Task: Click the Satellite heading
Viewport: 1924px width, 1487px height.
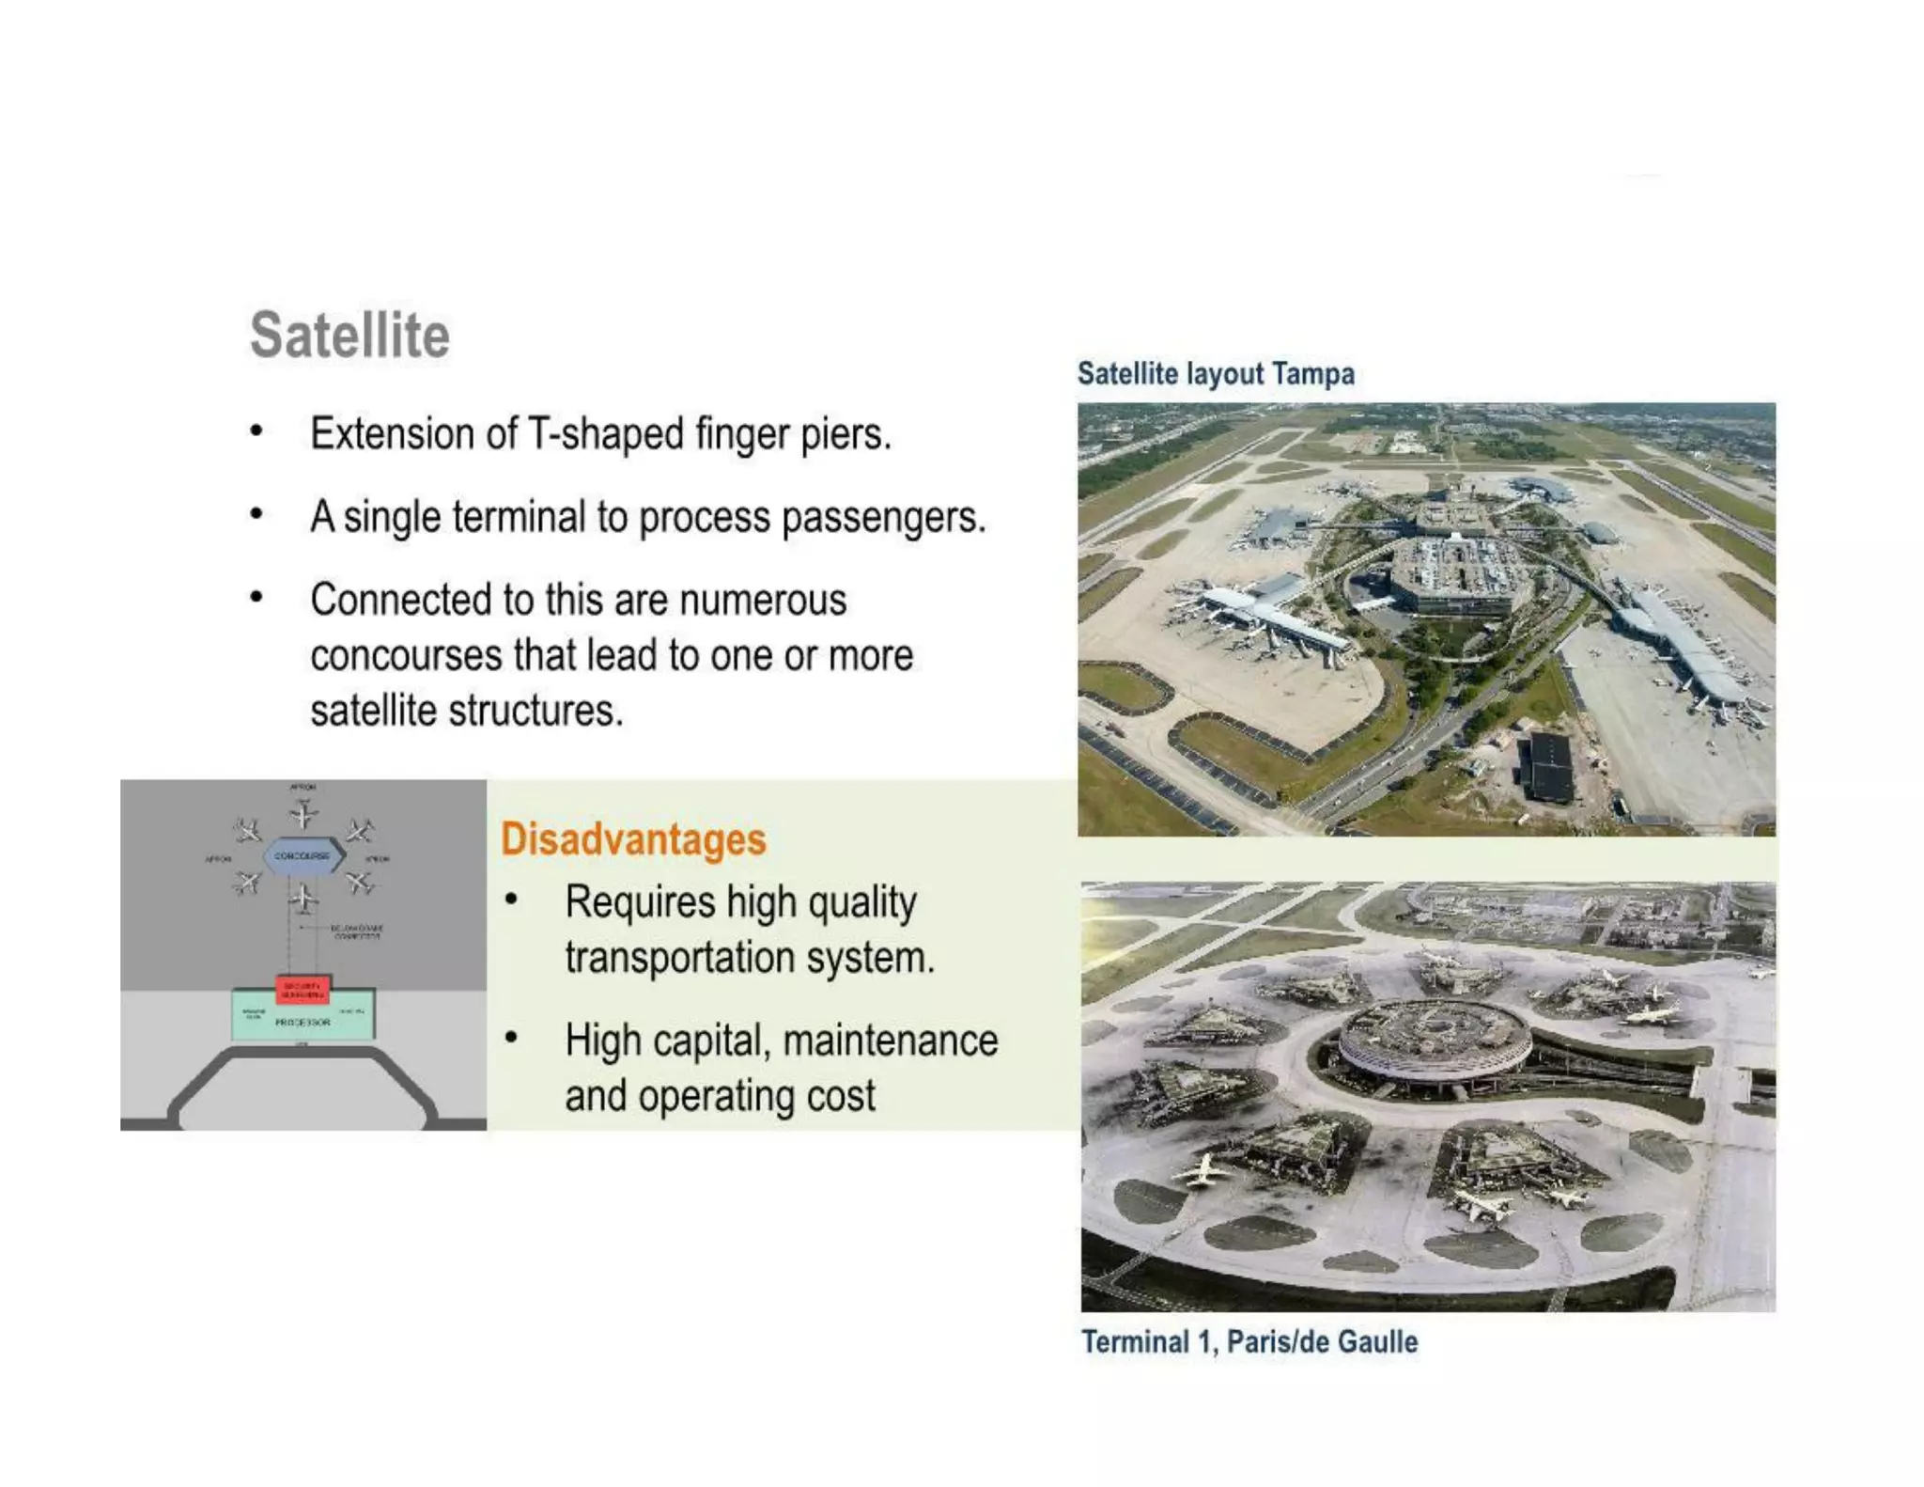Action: point(349,335)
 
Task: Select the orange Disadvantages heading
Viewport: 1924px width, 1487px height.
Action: point(633,838)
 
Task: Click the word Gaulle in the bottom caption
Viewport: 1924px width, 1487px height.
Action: point(1377,1341)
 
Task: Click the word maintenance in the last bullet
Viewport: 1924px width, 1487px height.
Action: point(890,1041)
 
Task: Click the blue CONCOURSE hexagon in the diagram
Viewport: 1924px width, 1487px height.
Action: point(303,856)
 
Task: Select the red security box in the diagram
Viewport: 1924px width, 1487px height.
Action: point(303,989)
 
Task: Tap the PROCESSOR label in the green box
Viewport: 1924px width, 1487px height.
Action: point(303,1022)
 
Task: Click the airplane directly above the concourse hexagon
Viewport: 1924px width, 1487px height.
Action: point(303,813)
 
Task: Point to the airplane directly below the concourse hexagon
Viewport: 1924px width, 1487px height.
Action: point(303,899)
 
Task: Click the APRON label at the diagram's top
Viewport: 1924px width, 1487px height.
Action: point(303,787)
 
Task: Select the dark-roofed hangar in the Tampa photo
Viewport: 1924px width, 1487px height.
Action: point(1547,766)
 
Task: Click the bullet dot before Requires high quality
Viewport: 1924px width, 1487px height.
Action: point(511,900)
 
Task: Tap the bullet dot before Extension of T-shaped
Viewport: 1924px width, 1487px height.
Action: point(256,431)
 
